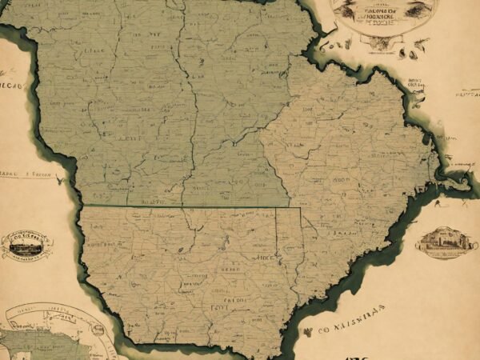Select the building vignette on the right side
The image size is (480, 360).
(x=444, y=242)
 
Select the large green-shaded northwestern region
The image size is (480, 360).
(x=144, y=104)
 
